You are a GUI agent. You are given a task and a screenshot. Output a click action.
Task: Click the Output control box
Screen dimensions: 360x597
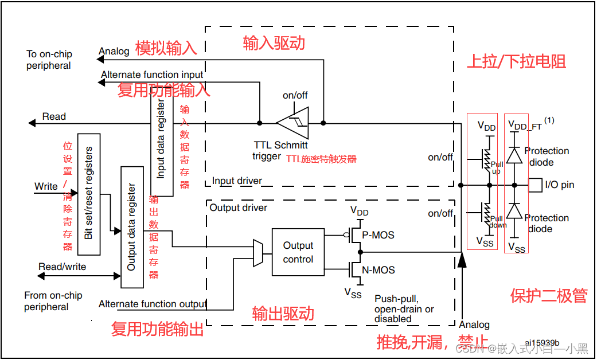[298, 252]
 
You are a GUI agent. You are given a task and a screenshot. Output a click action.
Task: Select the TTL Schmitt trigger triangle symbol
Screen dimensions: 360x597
[292, 123]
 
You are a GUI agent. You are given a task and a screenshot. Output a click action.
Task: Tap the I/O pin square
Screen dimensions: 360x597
[534, 185]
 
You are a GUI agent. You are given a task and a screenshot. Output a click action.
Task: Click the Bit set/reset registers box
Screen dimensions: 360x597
[88, 194]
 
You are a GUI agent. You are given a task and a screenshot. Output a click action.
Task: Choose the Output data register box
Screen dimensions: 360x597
[132, 227]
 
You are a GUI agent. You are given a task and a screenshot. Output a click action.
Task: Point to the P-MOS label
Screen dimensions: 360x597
[379, 235]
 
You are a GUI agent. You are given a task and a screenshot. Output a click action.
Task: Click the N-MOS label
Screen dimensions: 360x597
[379, 270]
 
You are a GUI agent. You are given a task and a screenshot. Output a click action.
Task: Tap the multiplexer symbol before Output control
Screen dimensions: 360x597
[258, 253]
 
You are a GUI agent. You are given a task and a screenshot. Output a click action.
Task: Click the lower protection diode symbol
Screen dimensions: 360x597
[515, 212]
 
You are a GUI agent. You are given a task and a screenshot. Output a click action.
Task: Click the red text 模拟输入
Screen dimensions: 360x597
[166, 48]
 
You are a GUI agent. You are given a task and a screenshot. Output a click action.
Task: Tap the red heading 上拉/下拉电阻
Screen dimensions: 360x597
[516, 61]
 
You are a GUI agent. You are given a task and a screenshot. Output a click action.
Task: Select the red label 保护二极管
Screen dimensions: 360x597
[548, 295]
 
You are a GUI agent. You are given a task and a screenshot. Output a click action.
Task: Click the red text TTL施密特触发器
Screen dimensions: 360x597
[321, 159]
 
